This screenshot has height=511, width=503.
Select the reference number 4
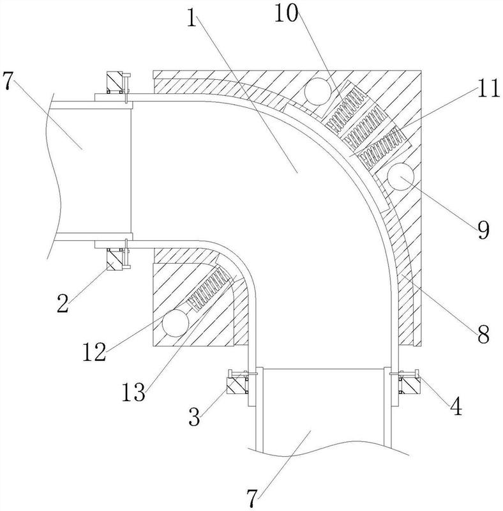click(x=456, y=406)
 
